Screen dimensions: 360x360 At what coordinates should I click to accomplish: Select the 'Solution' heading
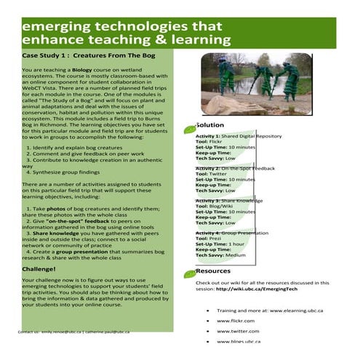pyautogui.click(x=210, y=125)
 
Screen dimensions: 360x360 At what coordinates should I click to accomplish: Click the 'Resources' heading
pyautogui.click(x=213, y=271)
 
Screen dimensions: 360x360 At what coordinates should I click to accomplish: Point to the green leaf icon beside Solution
pyautogui.click(x=190, y=129)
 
